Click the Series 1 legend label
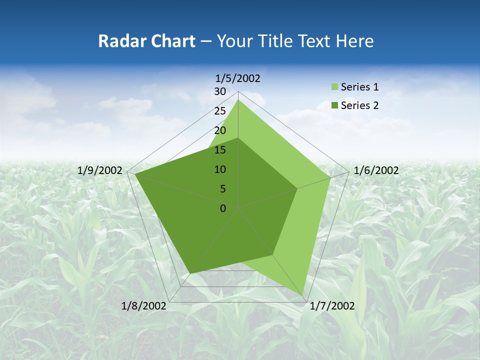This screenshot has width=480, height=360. (359, 87)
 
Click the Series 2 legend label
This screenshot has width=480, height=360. (359, 105)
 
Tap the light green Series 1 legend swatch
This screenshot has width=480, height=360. (333, 87)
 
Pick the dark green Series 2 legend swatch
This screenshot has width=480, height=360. (333, 105)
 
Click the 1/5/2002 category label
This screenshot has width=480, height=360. (238, 78)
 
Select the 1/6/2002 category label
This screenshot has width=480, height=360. (376, 170)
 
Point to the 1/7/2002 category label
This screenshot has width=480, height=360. (332, 306)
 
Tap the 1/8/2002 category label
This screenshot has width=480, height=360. (144, 306)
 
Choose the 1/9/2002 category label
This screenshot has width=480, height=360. (100, 170)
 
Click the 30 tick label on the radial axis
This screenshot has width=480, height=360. (220, 91)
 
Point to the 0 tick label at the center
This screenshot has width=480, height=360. (223, 208)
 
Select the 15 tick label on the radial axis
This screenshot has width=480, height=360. (220, 150)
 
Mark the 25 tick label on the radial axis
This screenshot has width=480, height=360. (220, 111)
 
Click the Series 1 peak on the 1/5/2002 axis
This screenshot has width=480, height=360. (238, 100)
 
